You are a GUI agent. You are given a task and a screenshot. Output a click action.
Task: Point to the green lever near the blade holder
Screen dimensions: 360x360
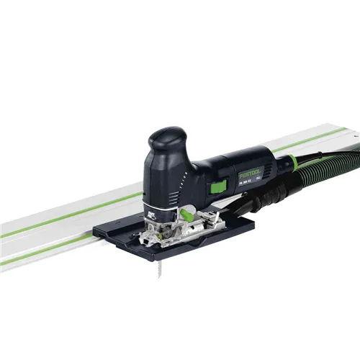coord(186,213)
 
